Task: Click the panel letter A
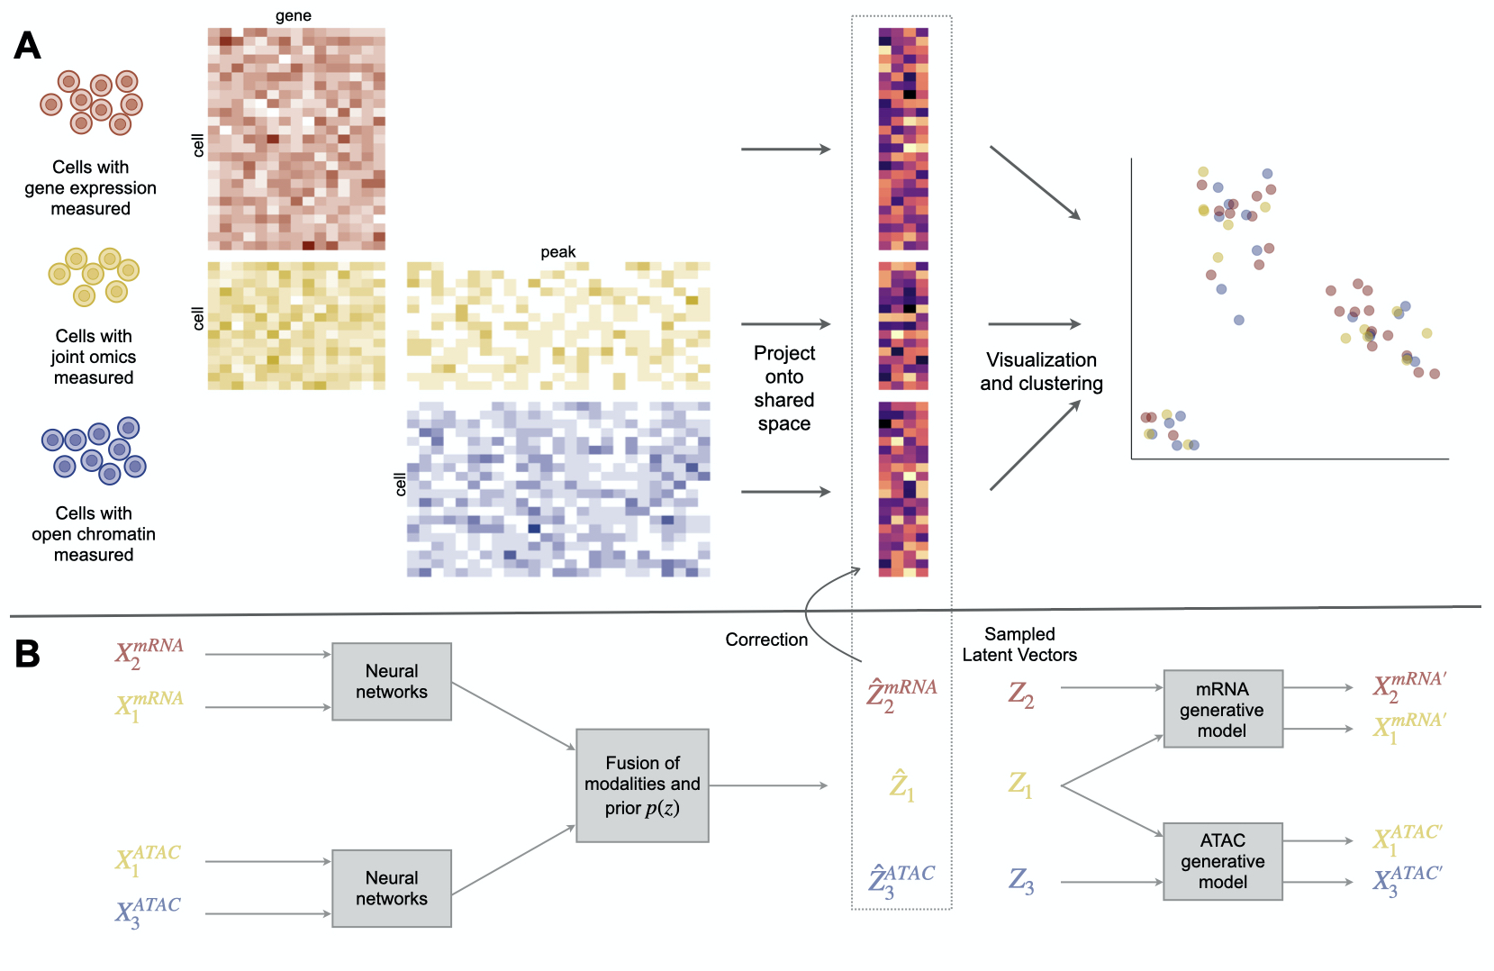tap(27, 45)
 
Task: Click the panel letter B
tap(27, 654)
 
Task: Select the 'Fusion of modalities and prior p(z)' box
tap(642, 785)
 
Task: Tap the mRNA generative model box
tap(1222, 709)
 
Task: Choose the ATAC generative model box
tap(1222, 861)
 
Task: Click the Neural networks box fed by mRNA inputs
tap(392, 681)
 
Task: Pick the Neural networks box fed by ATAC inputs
tap(392, 888)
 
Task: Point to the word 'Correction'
tap(766, 640)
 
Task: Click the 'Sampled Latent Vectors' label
tap(1019, 644)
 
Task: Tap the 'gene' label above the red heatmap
tap(294, 15)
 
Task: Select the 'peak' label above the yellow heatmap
tap(558, 252)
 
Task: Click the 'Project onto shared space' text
tap(783, 388)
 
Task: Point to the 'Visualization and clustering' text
tap(1041, 371)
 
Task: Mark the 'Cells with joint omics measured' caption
tap(94, 357)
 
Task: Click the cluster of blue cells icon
tap(94, 449)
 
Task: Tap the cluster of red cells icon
tap(92, 102)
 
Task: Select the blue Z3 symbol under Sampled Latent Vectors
tap(1020, 880)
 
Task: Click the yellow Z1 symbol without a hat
tap(1019, 785)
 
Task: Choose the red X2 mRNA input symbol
tap(149, 653)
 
